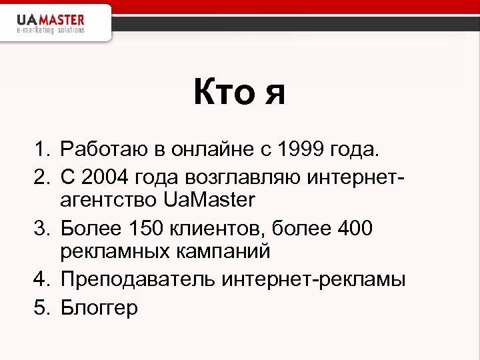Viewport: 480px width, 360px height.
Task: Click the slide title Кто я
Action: coord(239,92)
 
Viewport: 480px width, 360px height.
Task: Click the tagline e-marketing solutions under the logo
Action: coord(51,30)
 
